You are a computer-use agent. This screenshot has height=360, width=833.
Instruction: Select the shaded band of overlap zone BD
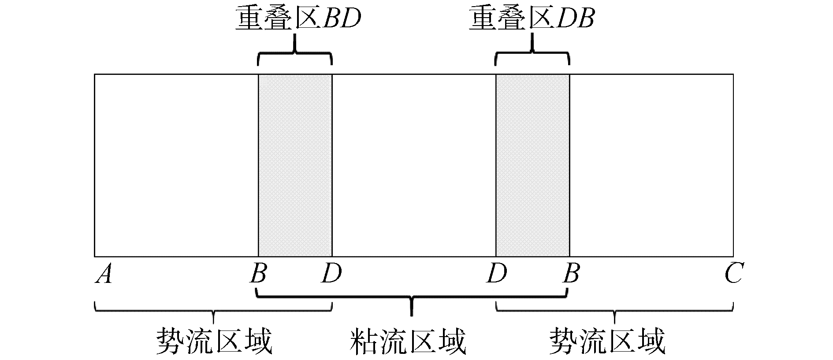tap(295, 165)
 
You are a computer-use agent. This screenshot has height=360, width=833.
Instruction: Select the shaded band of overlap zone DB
tap(532, 165)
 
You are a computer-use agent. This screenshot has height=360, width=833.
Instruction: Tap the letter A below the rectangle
tap(104, 274)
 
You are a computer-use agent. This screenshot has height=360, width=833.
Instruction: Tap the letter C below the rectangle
tap(734, 274)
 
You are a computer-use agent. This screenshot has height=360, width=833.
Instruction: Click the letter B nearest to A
tap(258, 274)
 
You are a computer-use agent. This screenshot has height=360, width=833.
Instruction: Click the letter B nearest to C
tap(571, 274)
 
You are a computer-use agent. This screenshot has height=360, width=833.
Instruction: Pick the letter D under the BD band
tap(331, 274)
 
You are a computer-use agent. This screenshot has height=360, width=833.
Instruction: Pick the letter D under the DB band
tap(497, 274)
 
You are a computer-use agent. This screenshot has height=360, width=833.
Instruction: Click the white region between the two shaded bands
tap(414, 165)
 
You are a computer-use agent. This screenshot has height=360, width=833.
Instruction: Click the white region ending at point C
tap(651, 165)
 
